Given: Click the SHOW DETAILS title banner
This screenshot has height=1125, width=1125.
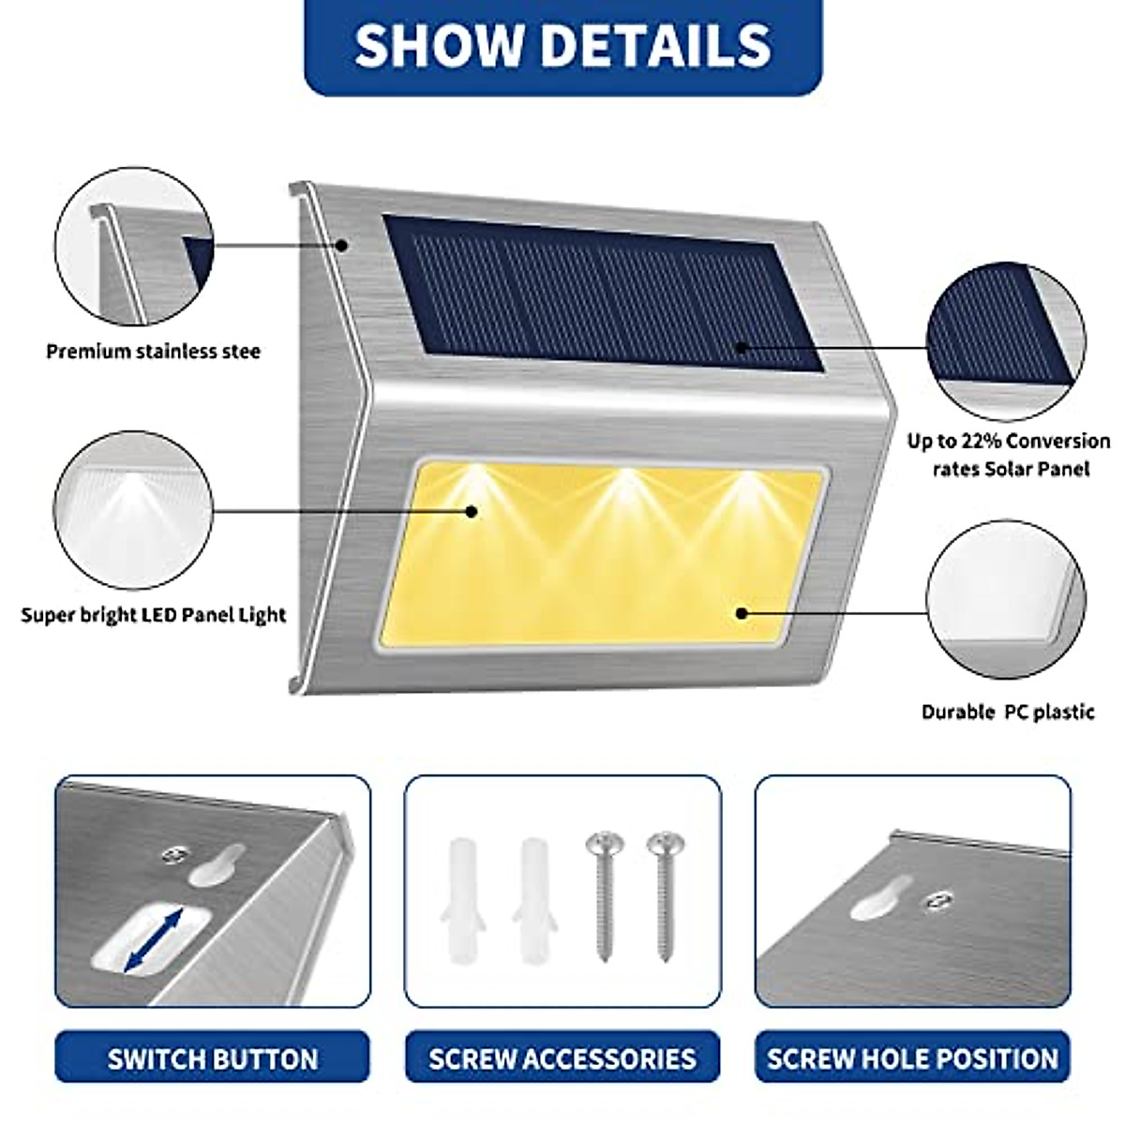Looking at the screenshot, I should (x=562, y=44).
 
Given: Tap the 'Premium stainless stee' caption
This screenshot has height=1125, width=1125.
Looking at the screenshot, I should (x=153, y=352).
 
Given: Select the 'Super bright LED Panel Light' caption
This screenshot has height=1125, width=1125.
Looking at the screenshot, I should (x=153, y=615).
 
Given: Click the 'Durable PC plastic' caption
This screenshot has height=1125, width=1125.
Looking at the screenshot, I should (x=1008, y=712).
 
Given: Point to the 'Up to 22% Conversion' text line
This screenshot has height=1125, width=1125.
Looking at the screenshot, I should (x=1008, y=441).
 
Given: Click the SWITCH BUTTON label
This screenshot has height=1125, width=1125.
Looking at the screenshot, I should (x=213, y=1058).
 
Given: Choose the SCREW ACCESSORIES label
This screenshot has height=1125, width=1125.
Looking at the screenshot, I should (x=562, y=1058).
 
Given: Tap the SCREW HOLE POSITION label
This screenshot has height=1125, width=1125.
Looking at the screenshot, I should (x=912, y=1058).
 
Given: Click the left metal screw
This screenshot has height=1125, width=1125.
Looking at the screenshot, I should (x=601, y=891).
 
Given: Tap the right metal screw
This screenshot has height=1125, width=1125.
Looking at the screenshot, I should (x=664, y=891).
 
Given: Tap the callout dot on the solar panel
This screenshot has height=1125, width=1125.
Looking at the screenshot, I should (x=741, y=348).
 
